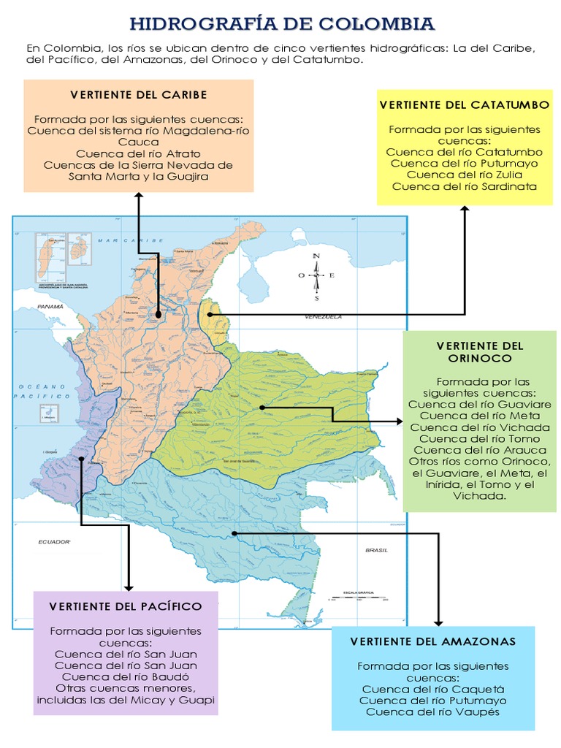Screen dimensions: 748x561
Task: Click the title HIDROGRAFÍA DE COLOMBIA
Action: [281, 24]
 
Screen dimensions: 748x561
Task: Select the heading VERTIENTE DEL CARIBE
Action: [139, 95]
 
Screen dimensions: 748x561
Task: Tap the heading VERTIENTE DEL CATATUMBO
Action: [465, 105]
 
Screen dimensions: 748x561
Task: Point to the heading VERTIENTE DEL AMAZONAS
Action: [433, 641]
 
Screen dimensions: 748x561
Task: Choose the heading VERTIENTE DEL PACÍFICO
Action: [126, 606]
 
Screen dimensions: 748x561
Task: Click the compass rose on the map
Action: [316, 275]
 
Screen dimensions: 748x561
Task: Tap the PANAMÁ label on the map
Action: [51, 308]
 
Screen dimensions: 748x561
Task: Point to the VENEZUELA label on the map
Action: [323, 318]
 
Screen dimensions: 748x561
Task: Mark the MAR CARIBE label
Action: [122, 240]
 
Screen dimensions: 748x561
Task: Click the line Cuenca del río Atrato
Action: [139, 153]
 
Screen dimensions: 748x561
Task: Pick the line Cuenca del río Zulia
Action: [465, 175]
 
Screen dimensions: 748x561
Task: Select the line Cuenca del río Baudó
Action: [126, 677]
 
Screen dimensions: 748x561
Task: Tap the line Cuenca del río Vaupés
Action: [433, 712]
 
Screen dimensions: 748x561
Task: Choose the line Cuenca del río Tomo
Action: [480, 439]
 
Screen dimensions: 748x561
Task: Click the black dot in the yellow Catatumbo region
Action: [210, 314]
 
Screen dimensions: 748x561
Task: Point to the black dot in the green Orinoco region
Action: [262, 407]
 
